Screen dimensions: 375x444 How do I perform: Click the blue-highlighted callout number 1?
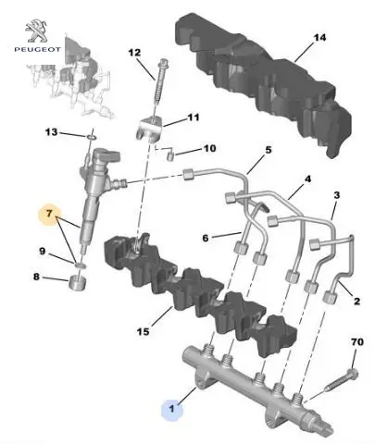click(x=172, y=409)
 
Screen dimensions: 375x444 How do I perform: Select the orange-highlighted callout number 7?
click(x=49, y=213)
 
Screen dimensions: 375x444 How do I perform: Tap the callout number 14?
click(x=319, y=38)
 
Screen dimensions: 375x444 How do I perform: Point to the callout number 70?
click(x=357, y=342)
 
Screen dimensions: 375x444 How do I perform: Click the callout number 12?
click(x=134, y=53)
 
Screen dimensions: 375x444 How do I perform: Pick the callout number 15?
click(x=143, y=332)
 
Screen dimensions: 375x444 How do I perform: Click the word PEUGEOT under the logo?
click(x=37, y=49)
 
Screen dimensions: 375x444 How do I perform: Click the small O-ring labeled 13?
click(x=92, y=137)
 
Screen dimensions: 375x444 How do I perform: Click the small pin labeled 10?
click(x=170, y=155)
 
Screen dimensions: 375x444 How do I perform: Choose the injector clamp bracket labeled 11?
click(x=149, y=129)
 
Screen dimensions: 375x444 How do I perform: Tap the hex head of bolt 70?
click(x=353, y=374)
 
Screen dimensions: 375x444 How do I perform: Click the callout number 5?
click(x=269, y=150)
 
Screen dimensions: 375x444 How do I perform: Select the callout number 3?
click(x=337, y=195)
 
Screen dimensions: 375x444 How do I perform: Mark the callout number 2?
click(x=356, y=301)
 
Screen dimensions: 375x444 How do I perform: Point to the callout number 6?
click(x=206, y=238)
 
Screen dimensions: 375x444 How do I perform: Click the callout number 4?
click(x=307, y=179)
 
